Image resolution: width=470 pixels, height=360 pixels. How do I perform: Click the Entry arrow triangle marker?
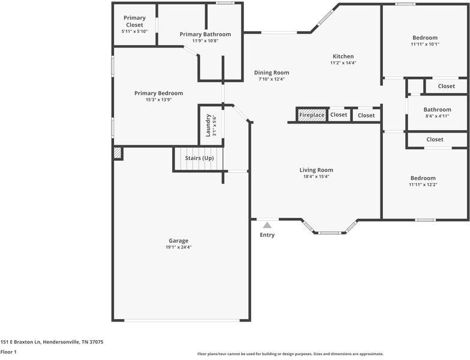pos(267,225)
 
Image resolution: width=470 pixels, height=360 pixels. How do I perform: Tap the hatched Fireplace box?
pos(312,115)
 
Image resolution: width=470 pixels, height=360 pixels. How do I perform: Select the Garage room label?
pos(178,241)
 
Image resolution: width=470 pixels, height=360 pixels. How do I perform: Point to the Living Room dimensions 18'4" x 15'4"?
pos(316,177)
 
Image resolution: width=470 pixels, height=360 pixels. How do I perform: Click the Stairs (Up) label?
pos(199,158)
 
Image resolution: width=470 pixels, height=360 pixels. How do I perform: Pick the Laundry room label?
pos(208,125)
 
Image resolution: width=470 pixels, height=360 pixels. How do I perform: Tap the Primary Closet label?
pos(134,21)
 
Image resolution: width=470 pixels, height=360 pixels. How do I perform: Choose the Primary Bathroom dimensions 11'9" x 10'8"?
pos(205,41)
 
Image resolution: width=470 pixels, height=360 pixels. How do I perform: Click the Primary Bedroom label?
pos(158,93)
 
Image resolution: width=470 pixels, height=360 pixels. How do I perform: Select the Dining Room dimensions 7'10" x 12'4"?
pos(271,79)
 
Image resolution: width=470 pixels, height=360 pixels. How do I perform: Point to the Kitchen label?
pos(343,56)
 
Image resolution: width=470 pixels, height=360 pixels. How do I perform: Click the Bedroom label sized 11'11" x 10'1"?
pos(425,38)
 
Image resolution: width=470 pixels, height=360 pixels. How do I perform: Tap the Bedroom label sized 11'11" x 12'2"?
pos(423,178)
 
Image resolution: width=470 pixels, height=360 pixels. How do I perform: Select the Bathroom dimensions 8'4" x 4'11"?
pos(438,116)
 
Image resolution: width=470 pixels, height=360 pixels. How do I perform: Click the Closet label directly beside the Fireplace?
pos(339,115)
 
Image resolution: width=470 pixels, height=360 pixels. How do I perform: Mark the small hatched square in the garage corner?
pos(118,153)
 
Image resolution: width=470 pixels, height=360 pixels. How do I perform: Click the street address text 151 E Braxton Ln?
pos(20,342)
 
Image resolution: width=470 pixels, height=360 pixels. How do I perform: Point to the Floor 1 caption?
pos(8,352)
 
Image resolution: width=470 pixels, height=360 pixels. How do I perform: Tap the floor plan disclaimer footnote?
pos(290,354)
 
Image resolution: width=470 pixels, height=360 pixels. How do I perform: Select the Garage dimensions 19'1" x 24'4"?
pos(178,247)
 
